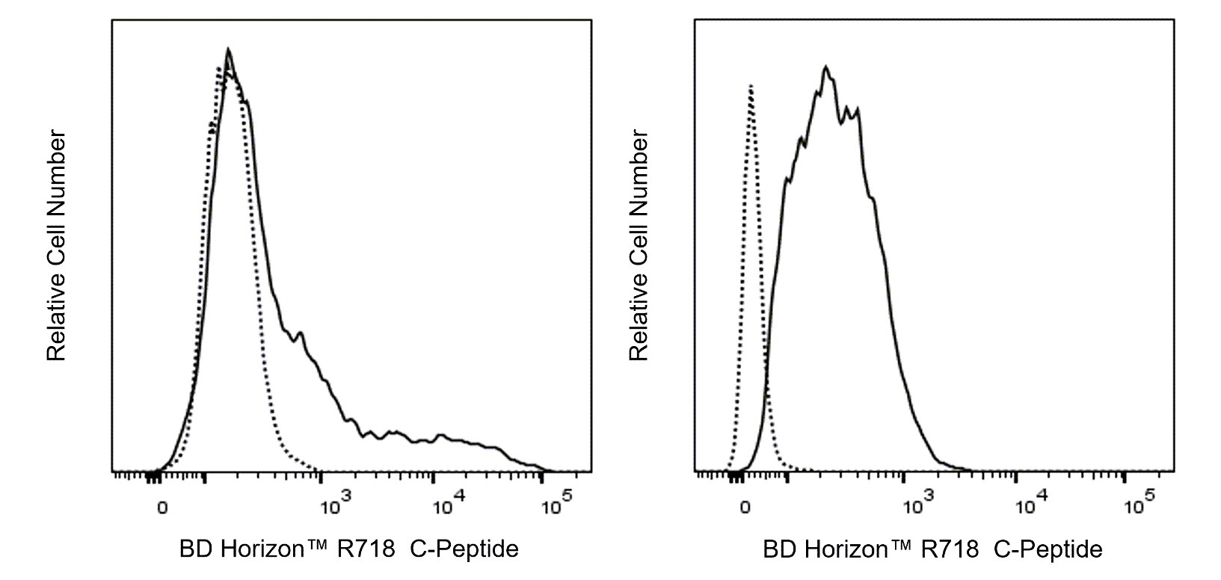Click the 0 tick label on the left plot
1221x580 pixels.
pyautogui.click(x=162, y=508)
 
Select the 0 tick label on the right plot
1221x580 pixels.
pyautogui.click(x=745, y=508)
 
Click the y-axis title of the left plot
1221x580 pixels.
pyautogui.click(x=57, y=247)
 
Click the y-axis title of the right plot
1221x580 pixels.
pyautogui.click(x=639, y=247)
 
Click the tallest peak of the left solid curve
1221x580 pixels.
pyautogui.click(x=228, y=50)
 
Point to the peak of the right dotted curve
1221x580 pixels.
pyautogui.click(x=750, y=87)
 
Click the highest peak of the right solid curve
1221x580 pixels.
pyautogui.click(x=825, y=67)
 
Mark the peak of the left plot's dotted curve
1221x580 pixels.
pyautogui.click(x=218, y=69)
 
